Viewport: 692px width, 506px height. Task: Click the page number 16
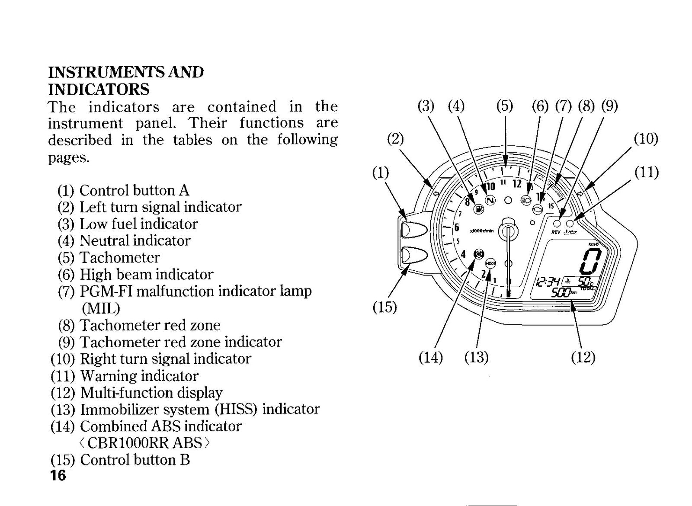click(x=58, y=475)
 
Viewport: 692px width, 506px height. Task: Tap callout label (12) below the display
click(x=583, y=358)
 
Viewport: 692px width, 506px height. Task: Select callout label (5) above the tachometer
click(x=504, y=106)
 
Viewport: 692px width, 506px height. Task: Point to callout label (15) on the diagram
click(x=384, y=307)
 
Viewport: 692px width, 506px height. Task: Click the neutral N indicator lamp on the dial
click(x=490, y=200)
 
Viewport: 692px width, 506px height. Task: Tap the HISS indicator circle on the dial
click(x=490, y=263)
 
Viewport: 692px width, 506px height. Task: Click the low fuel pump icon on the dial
click(x=478, y=209)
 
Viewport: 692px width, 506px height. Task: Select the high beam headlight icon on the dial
click(x=525, y=200)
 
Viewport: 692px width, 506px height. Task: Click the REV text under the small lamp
click(x=555, y=232)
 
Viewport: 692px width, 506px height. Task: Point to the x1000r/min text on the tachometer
click(x=482, y=231)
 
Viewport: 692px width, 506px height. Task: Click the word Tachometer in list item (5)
click(x=120, y=258)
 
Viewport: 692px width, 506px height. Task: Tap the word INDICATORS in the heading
click(x=99, y=90)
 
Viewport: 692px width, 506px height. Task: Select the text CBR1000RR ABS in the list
click(x=144, y=443)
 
